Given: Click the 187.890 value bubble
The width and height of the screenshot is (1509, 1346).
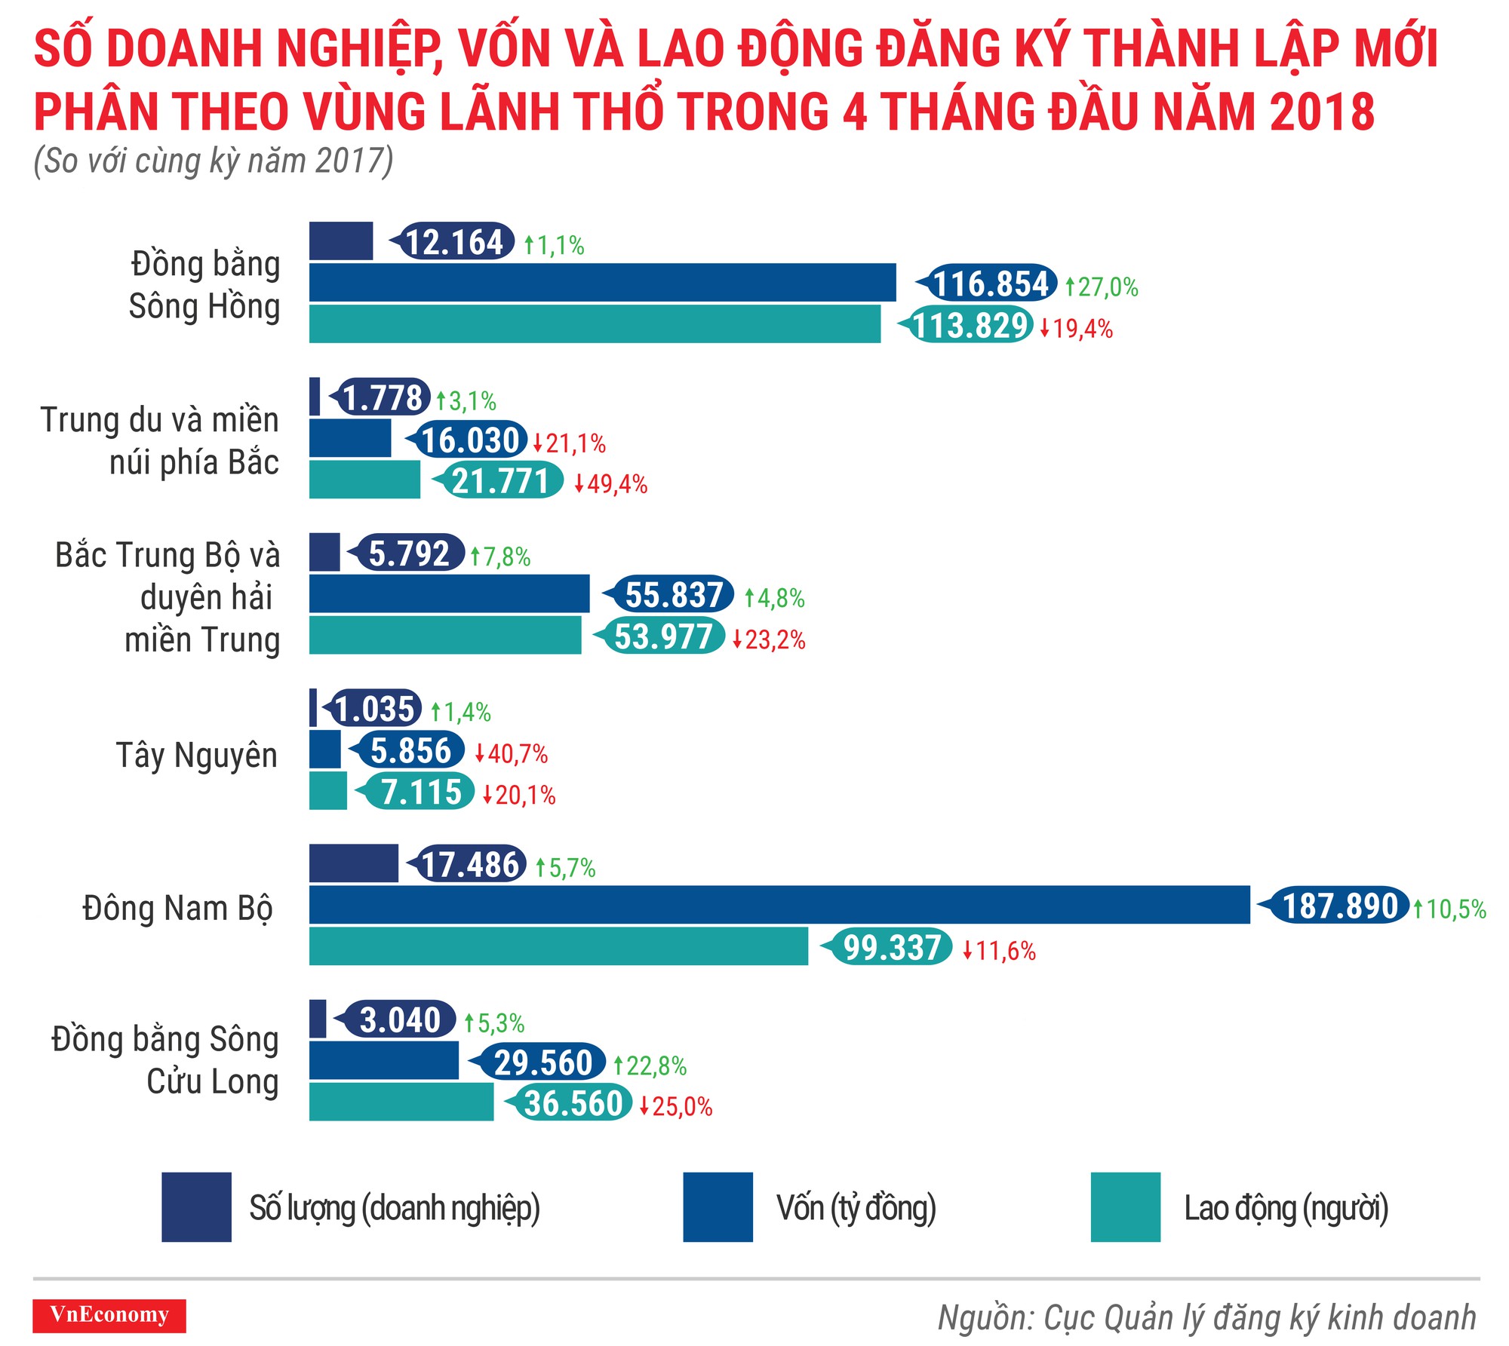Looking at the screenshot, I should pos(1339,906).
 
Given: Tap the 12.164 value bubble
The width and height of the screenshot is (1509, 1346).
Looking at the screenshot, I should pos(455,242).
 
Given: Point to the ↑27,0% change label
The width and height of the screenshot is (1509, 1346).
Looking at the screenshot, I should pos(1102,287).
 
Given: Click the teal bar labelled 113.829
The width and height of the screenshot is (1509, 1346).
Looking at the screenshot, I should pos(595,324).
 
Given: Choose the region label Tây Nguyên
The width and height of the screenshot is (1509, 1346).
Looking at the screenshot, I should pos(197,756).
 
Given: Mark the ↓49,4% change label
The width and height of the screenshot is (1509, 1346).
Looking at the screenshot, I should pos(611,484).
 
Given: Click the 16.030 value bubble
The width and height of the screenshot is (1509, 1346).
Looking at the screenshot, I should pos(469,440).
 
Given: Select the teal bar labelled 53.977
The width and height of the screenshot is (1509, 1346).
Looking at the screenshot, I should pos(445,635).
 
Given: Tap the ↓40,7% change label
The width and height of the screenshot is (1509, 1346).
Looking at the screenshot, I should pos(512,753).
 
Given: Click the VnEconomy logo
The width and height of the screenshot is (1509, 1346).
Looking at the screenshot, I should pos(109,1316).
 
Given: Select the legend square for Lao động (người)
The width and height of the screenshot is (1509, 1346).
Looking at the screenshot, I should pos(1125,1206).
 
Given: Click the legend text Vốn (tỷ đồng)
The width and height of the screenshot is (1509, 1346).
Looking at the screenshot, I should pos(856,1207).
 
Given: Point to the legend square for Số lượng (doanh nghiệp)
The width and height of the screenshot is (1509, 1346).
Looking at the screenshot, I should pos(196,1206).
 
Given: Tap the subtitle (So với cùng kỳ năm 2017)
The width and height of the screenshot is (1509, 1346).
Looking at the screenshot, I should pos(214,161).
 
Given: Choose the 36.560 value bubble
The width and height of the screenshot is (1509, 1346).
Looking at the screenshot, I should pos(573,1103).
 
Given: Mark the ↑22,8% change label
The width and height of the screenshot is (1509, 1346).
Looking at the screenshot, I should pos(650,1065).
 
